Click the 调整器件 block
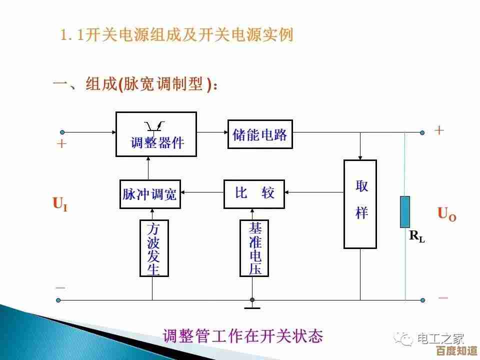[156, 133]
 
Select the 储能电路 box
[260, 134]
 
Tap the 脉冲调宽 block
[150, 194]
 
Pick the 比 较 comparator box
[254, 193]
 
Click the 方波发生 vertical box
[154, 248]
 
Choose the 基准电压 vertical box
[254, 248]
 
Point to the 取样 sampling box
[360, 204]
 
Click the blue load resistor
[405, 212]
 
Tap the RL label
[417, 236]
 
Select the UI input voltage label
[60, 204]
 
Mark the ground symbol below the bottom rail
[252, 305]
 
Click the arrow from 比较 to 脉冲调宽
[202, 191]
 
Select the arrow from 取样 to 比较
[314, 191]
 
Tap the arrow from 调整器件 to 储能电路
[212, 132]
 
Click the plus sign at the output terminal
[439, 130]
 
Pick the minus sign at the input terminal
[60, 288]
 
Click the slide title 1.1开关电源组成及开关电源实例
[176, 35]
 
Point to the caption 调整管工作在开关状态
[242, 336]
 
